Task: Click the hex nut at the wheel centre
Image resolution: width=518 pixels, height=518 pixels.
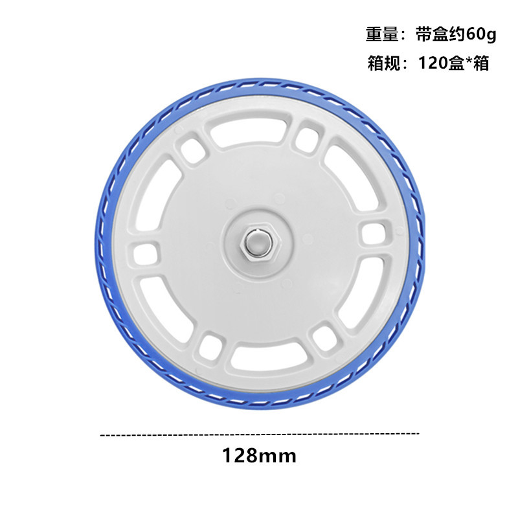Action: click(260, 243)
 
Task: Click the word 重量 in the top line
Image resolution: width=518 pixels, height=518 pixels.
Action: click(382, 35)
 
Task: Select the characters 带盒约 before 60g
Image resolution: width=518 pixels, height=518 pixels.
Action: click(441, 35)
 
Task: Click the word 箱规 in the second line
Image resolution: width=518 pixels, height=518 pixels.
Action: click(384, 63)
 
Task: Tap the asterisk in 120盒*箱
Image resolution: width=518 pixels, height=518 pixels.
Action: click(469, 61)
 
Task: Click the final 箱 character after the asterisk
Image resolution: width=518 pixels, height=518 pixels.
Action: click(481, 63)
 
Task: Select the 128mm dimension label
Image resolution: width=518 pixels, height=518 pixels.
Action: click(260, 456)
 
